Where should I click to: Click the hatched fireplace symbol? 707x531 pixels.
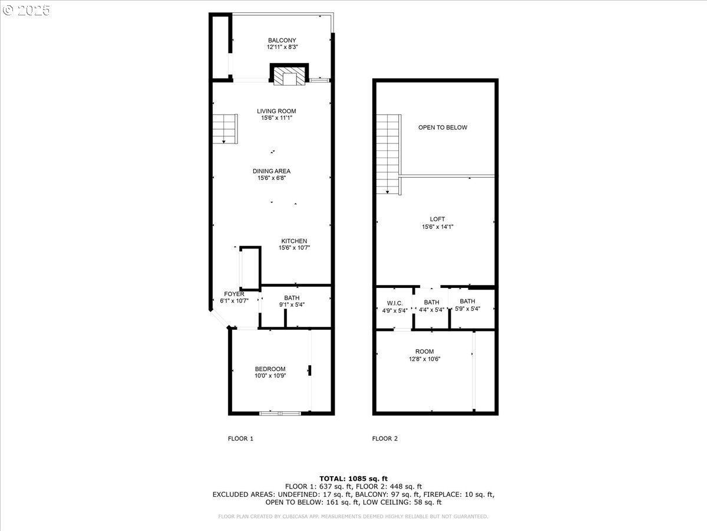pyautogui.click(x=289, y=76)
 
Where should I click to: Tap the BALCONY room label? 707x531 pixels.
pyautogui.click(x=282, y=40)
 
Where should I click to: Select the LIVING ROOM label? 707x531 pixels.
pyautogui.click(x=276, y=111)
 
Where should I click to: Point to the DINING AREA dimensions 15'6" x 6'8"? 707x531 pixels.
pyautogui.click(x=272, y=178)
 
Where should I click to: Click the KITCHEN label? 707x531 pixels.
pyautogui.click(x=294, y=241)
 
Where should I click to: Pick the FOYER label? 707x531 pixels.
pyautogui.click(x=234, y=294)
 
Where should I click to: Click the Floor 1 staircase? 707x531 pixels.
pyautogui.click(x=225, y=129)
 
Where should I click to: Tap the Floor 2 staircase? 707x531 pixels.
pyautogui.click(x=389, y=155)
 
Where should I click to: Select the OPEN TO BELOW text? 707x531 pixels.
pyautogui.click(x=442, y=127)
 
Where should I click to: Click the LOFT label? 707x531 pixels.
pyautogui.click(x=437, y=219)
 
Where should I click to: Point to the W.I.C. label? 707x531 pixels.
pyautogui.click(x=395, y=303)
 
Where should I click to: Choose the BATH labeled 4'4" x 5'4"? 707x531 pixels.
pyautogui.click(x=432, y=306)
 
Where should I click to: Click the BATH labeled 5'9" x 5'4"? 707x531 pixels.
pyautogui.click(x=467, y=304)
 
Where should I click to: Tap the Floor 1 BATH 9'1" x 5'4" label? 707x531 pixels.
pyautogui.click(x=292, y=301)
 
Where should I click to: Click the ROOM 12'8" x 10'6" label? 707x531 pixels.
pyautogui.click(x=425, y=355)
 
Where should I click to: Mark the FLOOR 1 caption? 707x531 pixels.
pyautogui.click(x=240, y=438)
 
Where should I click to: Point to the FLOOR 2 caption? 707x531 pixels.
pyautogui.click(x=385, y=438)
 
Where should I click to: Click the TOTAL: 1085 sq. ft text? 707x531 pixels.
pyautogui.click(x=353, y=478)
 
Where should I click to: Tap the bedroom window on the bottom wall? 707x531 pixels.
pyautogui.click(x=280, y=414)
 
